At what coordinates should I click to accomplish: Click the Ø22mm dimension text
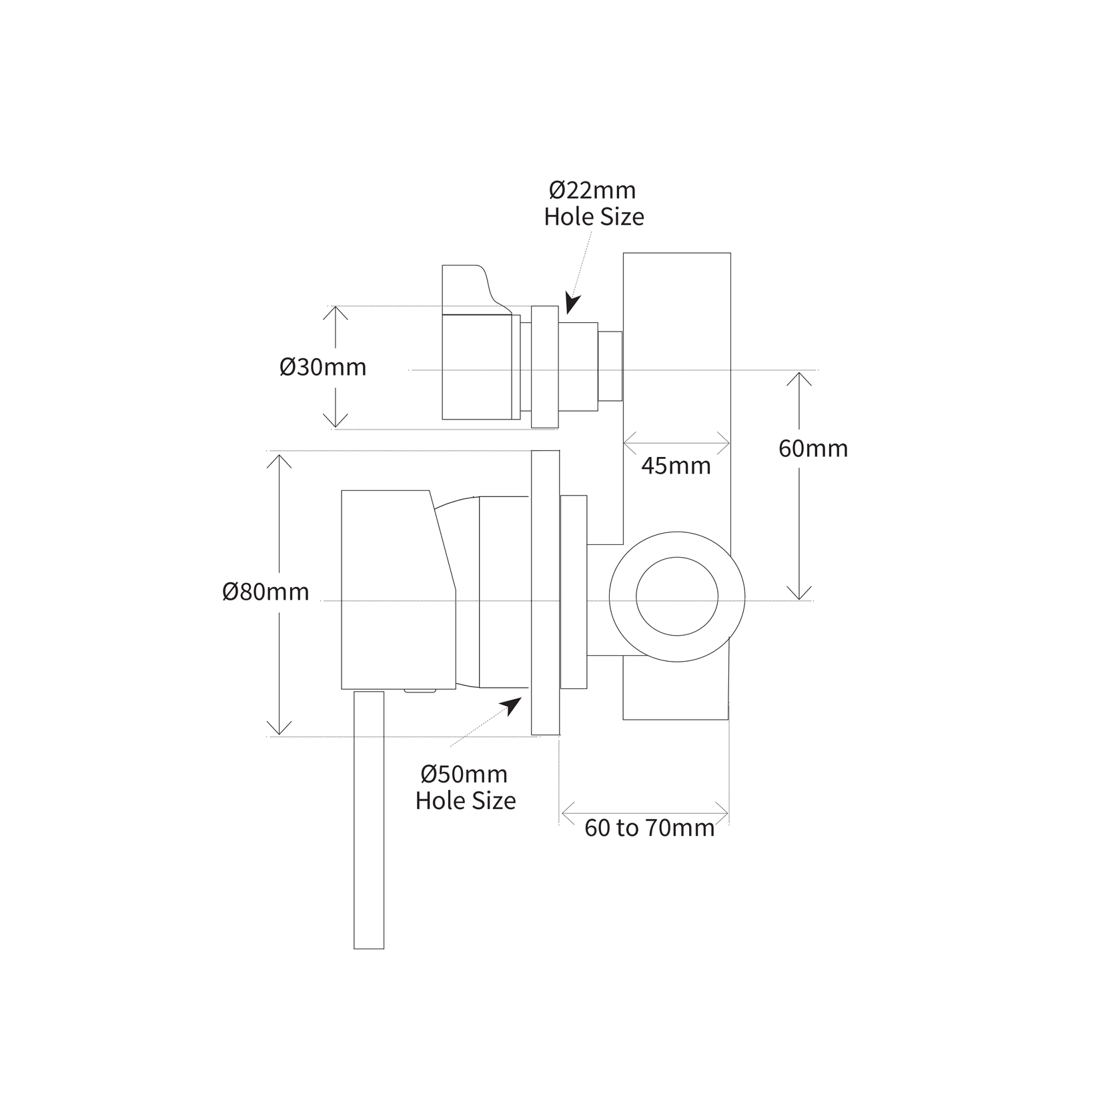(x=592, y=191)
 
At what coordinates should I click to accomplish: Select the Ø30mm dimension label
(x=323, y=368)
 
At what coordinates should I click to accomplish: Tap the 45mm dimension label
(x=676, y=466)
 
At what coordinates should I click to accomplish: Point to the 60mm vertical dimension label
(x=813, y=448)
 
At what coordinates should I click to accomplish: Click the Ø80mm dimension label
(x=265, y=592)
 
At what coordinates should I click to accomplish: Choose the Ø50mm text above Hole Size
(x=464, y=774)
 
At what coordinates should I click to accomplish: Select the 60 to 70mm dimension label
(x=649, y=828)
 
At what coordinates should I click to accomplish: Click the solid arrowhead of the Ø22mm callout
(x=572, y=304)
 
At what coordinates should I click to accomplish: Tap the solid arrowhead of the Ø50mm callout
(x=513, y=706)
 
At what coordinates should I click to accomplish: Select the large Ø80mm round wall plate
(x=545, y=592)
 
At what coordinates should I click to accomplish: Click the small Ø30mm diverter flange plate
(x=544, y=367)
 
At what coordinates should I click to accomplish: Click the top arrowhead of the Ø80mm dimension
(x=279, y=460)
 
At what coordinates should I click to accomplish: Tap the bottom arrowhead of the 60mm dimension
(x=798, y=594)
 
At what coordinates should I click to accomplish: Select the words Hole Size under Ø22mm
(x=594, y=217)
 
